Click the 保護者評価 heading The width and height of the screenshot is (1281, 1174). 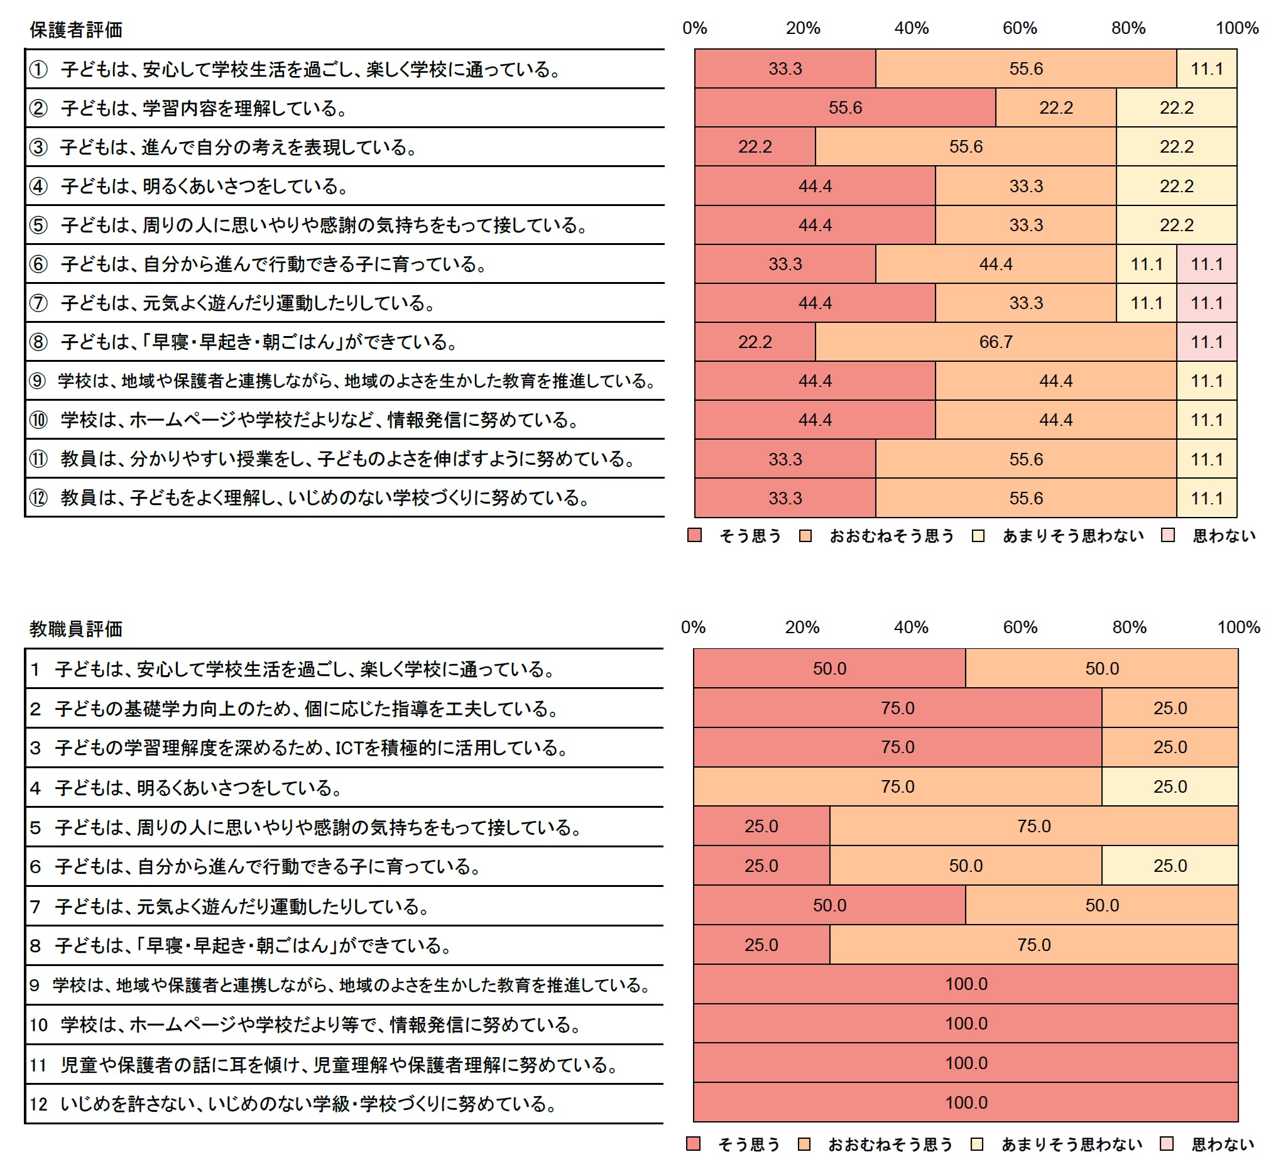tap(75, 30)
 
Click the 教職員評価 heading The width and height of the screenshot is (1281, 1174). tap(75, 629)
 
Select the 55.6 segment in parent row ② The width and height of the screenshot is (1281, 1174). tap(844, 107)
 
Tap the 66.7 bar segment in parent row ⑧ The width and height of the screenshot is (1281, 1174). tap(995, 342)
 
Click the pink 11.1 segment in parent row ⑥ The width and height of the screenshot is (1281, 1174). tap(1206, 264)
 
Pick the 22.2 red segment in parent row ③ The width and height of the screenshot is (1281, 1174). tap(755, 147)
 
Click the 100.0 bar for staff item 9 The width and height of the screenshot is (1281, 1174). tap(965, 984)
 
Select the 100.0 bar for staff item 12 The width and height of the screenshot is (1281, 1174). tap(965, 1102)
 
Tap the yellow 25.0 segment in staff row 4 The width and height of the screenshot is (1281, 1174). tap(1169, 786)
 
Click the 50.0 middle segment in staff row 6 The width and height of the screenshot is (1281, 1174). tap(965, 866)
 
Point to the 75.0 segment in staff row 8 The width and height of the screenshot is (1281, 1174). tap(1033, 945)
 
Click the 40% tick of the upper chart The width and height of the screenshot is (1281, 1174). tap(911, 28)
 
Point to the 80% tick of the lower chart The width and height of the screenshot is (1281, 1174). tap(1128, 627)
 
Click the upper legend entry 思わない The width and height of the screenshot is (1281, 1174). tap(1223, 536)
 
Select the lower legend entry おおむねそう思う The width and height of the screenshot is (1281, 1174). tap(890, 1144)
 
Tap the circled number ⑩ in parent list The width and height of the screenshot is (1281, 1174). tap(38, 420)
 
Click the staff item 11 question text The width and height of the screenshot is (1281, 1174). tap(339, 1065)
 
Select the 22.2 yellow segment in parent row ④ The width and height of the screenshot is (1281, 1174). tap(1175, 186)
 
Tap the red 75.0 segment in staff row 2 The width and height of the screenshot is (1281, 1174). tap(897, 708)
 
